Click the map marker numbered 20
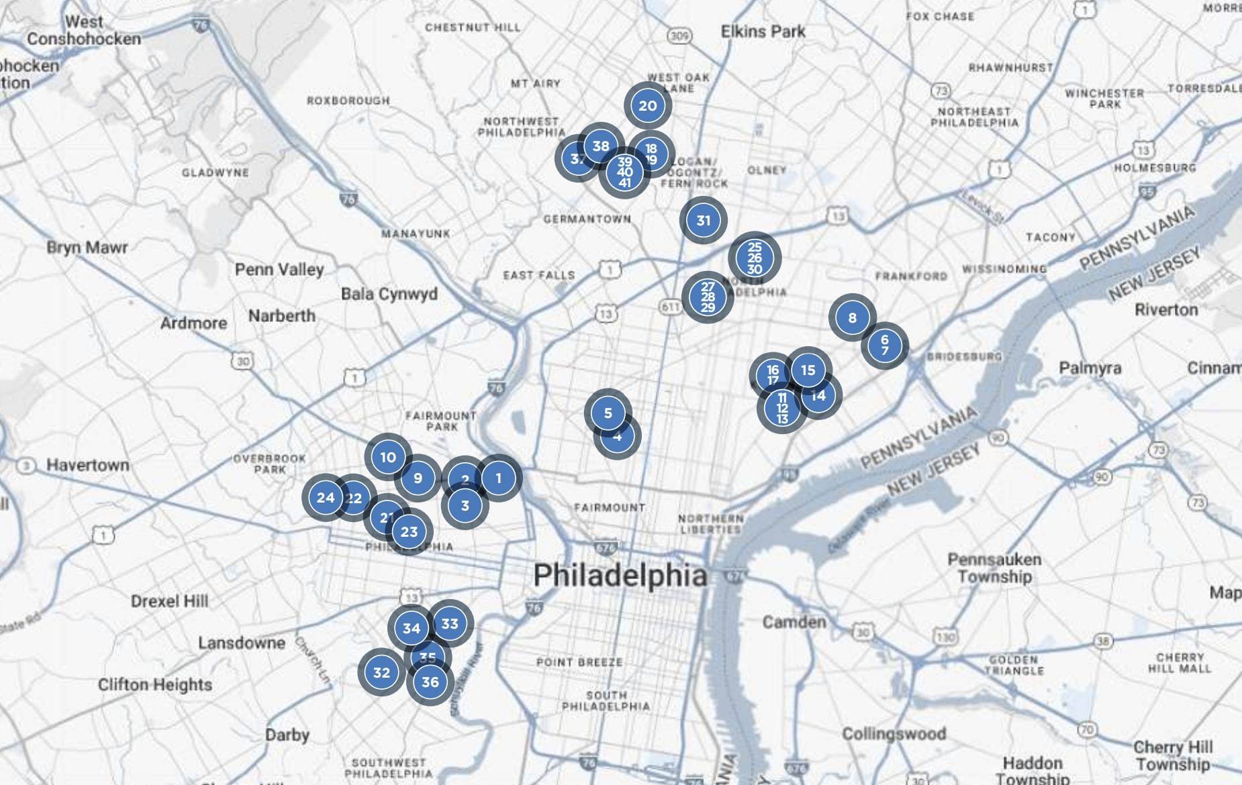tap(648, 105)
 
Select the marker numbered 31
tap(703, 220)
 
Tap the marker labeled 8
tap(852, 317)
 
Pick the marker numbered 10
tap(388, 457)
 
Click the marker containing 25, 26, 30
tap(755, 258)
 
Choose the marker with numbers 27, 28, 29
tap(708, 297)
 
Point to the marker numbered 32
tap(381, 672)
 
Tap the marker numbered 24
tap(325, 497)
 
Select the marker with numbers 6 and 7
tap(885, 345)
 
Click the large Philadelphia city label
tap(620, 576)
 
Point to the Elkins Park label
tap(763, 32)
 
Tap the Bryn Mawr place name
tap(87, 248)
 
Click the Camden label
tap(794, 622)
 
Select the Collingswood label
tap(894, 733)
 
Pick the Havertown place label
tap(87, 465)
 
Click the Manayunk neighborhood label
tap(416, 233)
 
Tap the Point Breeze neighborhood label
tap(579, 662)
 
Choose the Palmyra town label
tap(1090, 368)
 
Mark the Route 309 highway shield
tap(679, 36)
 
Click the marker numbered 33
tap(450, 623)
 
